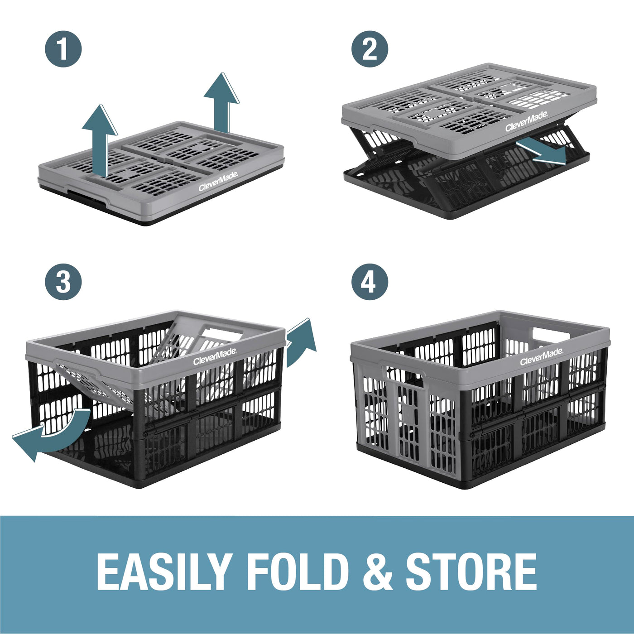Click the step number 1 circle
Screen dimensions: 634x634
coord(63,49)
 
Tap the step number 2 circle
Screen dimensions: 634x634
coord(370,49)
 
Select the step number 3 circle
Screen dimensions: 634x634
coord(63,282)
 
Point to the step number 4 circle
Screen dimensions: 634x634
coord(370,282)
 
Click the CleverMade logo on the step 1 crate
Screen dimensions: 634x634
coord(218,182)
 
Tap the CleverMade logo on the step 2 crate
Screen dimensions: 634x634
coord(527,121)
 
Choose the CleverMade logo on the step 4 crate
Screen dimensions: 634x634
coord(542,357)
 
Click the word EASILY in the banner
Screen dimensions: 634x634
coord(163,572)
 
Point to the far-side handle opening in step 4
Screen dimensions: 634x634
coord(552,334)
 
